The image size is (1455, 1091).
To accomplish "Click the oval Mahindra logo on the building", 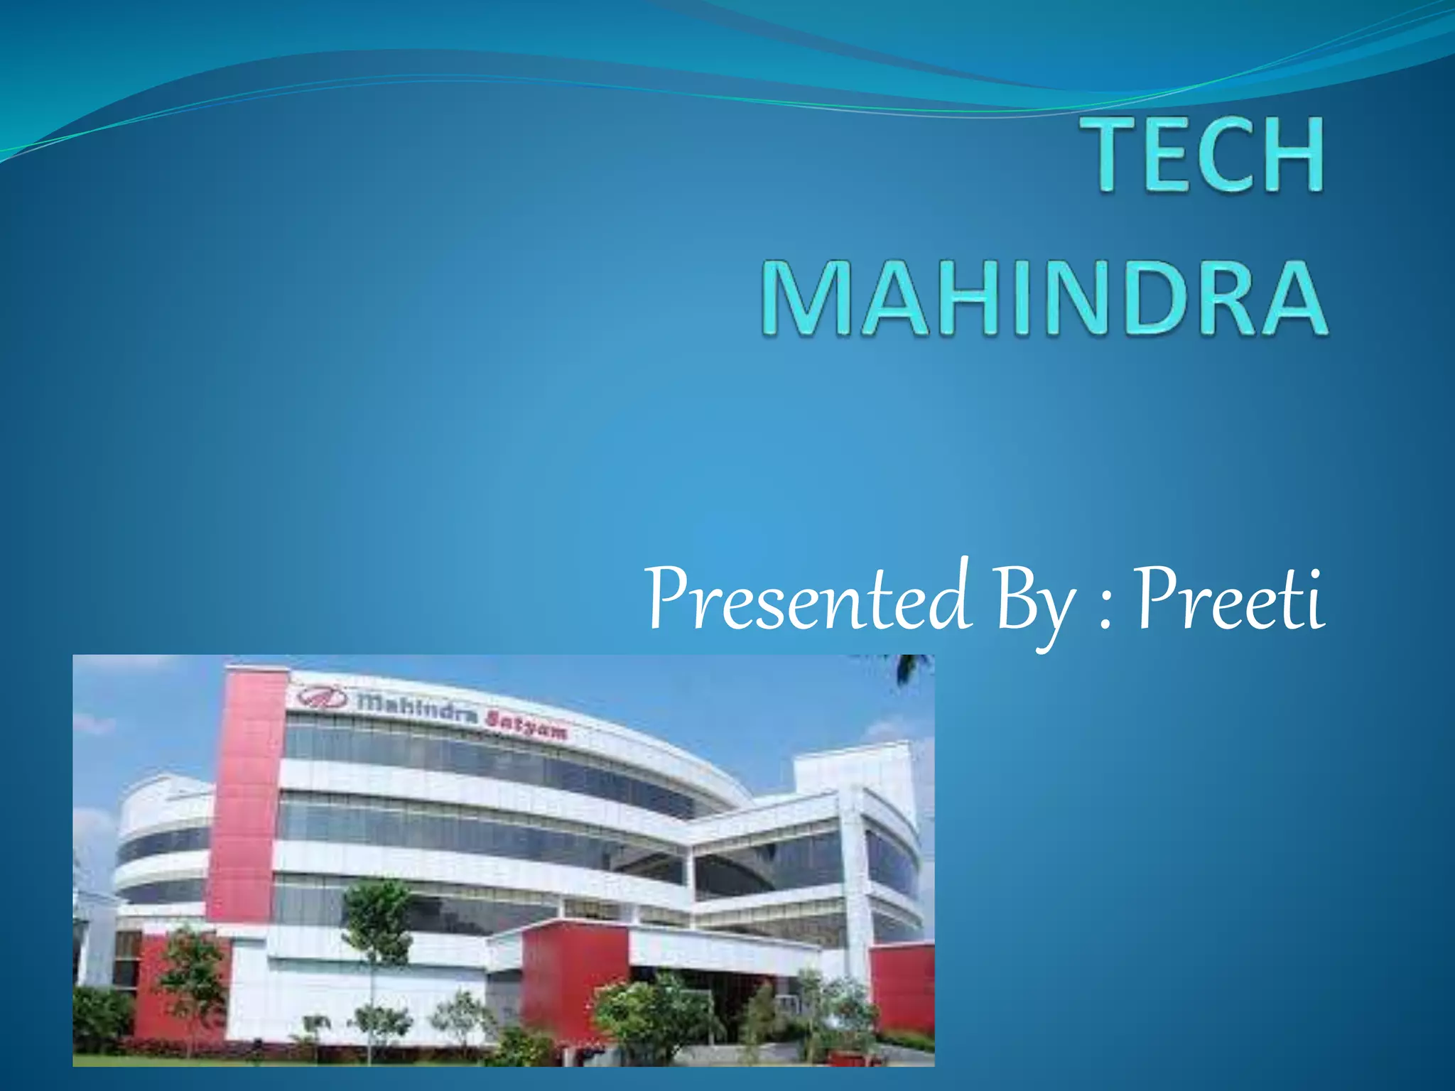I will (x=322, y=697).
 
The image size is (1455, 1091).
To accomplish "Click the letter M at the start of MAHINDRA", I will (x=806, y=298).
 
